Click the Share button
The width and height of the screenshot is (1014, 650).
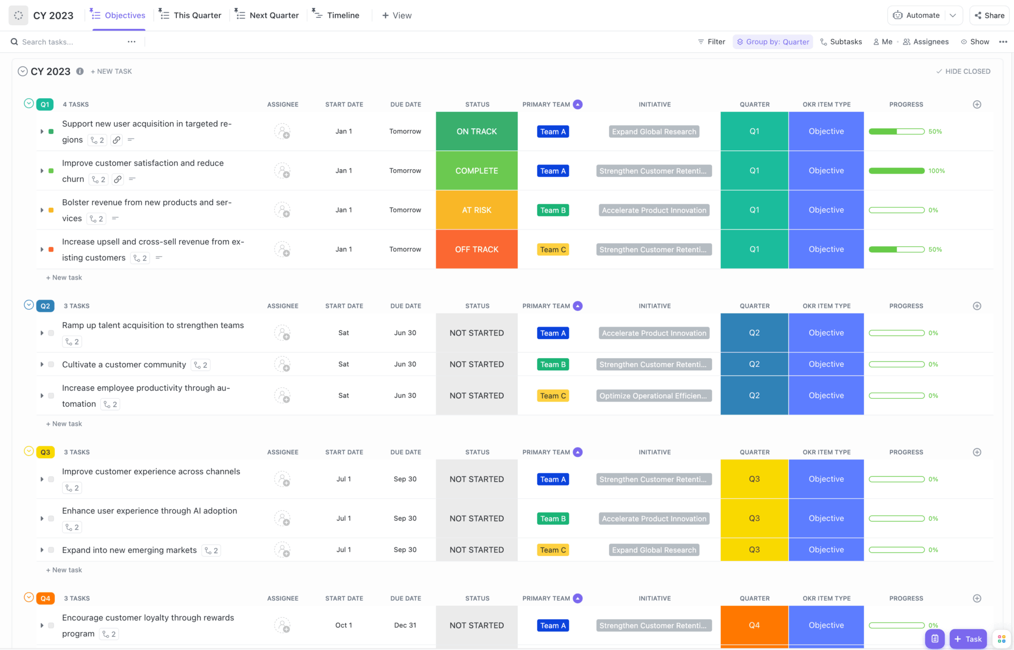989,15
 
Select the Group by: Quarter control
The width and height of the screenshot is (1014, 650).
773,42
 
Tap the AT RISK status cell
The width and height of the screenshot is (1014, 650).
476,210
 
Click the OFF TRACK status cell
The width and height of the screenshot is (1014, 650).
476,249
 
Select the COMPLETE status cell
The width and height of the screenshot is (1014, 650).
476,170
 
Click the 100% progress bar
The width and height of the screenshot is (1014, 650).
896,170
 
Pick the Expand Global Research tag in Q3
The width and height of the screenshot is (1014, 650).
654,550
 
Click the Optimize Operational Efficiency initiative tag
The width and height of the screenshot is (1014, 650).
654,396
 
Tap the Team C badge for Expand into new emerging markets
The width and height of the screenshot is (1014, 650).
553,550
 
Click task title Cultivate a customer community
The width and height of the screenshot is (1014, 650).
124,365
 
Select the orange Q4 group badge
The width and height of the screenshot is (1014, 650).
45,598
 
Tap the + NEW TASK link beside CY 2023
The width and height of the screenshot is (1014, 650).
111,71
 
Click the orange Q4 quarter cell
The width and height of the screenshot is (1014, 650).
754,625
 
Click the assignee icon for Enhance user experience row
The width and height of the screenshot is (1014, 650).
283,519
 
